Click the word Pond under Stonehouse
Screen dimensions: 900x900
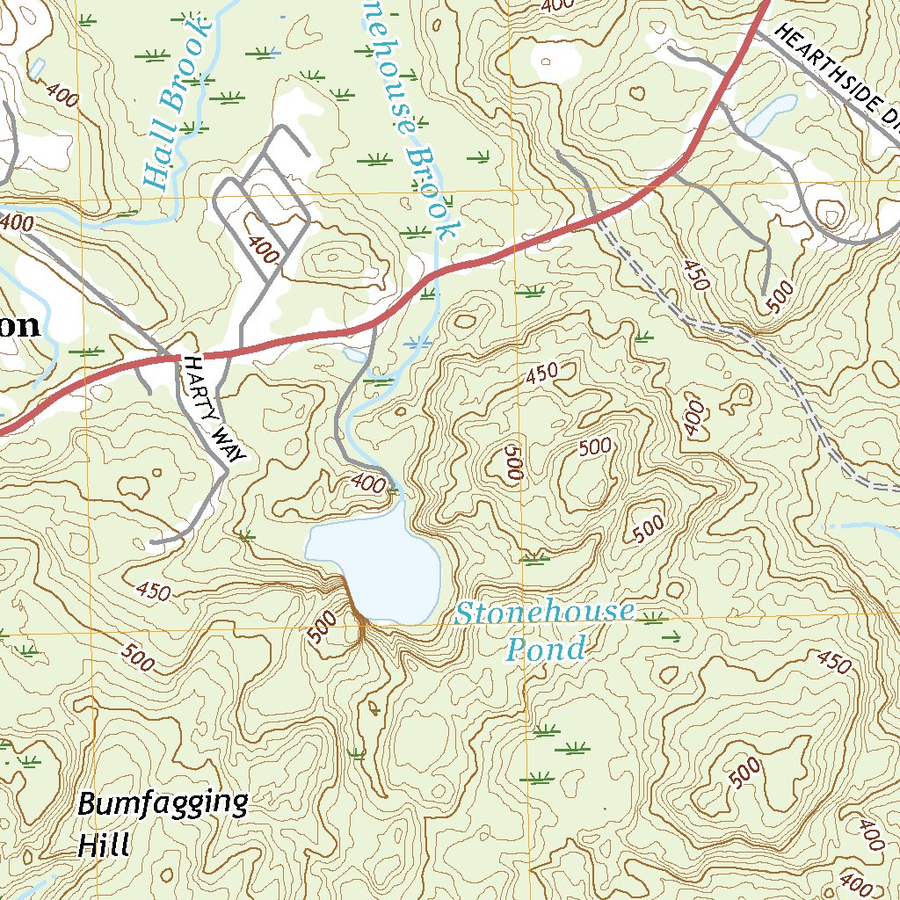545,650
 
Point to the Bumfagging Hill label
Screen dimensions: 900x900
162,823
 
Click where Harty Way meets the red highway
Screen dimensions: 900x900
174,357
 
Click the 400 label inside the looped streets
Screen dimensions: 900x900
264,250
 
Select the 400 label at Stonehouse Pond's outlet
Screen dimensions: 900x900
367,482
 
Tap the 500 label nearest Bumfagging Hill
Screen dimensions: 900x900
138,657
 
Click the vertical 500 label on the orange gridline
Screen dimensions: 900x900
514,461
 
